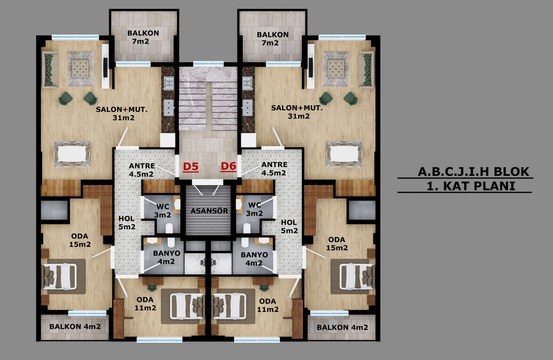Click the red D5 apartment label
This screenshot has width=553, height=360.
point(190,167)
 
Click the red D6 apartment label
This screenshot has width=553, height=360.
point(228,166)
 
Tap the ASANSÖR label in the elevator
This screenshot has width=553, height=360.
point(209,211)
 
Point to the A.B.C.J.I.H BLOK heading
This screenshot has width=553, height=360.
point(474,172)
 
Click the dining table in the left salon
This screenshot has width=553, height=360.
point(72,154)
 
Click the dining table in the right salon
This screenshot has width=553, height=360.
point(344,154)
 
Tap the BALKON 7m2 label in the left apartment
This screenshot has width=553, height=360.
point(143,37)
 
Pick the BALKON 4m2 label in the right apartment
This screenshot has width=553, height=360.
point(343,327)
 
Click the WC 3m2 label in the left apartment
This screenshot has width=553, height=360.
point(163,211)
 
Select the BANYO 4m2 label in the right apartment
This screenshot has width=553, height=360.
point(254,259)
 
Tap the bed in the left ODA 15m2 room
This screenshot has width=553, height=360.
point(59,277)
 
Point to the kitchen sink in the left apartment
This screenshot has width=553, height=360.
point(169,108)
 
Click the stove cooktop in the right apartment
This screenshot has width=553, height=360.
point(247,83)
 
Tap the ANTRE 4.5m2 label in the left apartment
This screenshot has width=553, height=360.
point(142,170)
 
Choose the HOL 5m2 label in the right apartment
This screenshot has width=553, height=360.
point(289,227)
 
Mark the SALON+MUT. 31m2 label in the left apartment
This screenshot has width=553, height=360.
point(122,113)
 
